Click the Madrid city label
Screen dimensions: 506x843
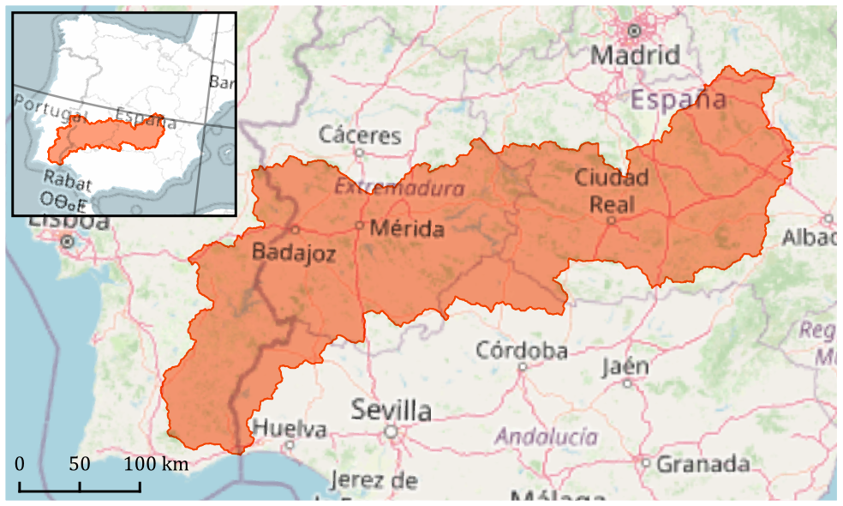coord(636,56)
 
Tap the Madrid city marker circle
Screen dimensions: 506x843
coord(634,31)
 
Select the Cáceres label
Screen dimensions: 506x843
coord(360,135)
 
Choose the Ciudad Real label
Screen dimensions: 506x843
coord(612,190)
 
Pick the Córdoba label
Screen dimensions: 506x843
coord(522,350)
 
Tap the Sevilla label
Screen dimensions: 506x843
coord(391,410)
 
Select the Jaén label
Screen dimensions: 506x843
coord(625,366)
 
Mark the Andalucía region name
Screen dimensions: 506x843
coord(547,437)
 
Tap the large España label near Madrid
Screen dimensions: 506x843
coord(679,99)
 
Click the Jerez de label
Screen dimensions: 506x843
coord(373,480)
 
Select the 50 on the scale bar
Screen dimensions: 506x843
coord(80,464)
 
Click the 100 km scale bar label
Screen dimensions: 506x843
coord(157,464)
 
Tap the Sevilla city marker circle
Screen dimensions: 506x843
coord(392,431)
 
